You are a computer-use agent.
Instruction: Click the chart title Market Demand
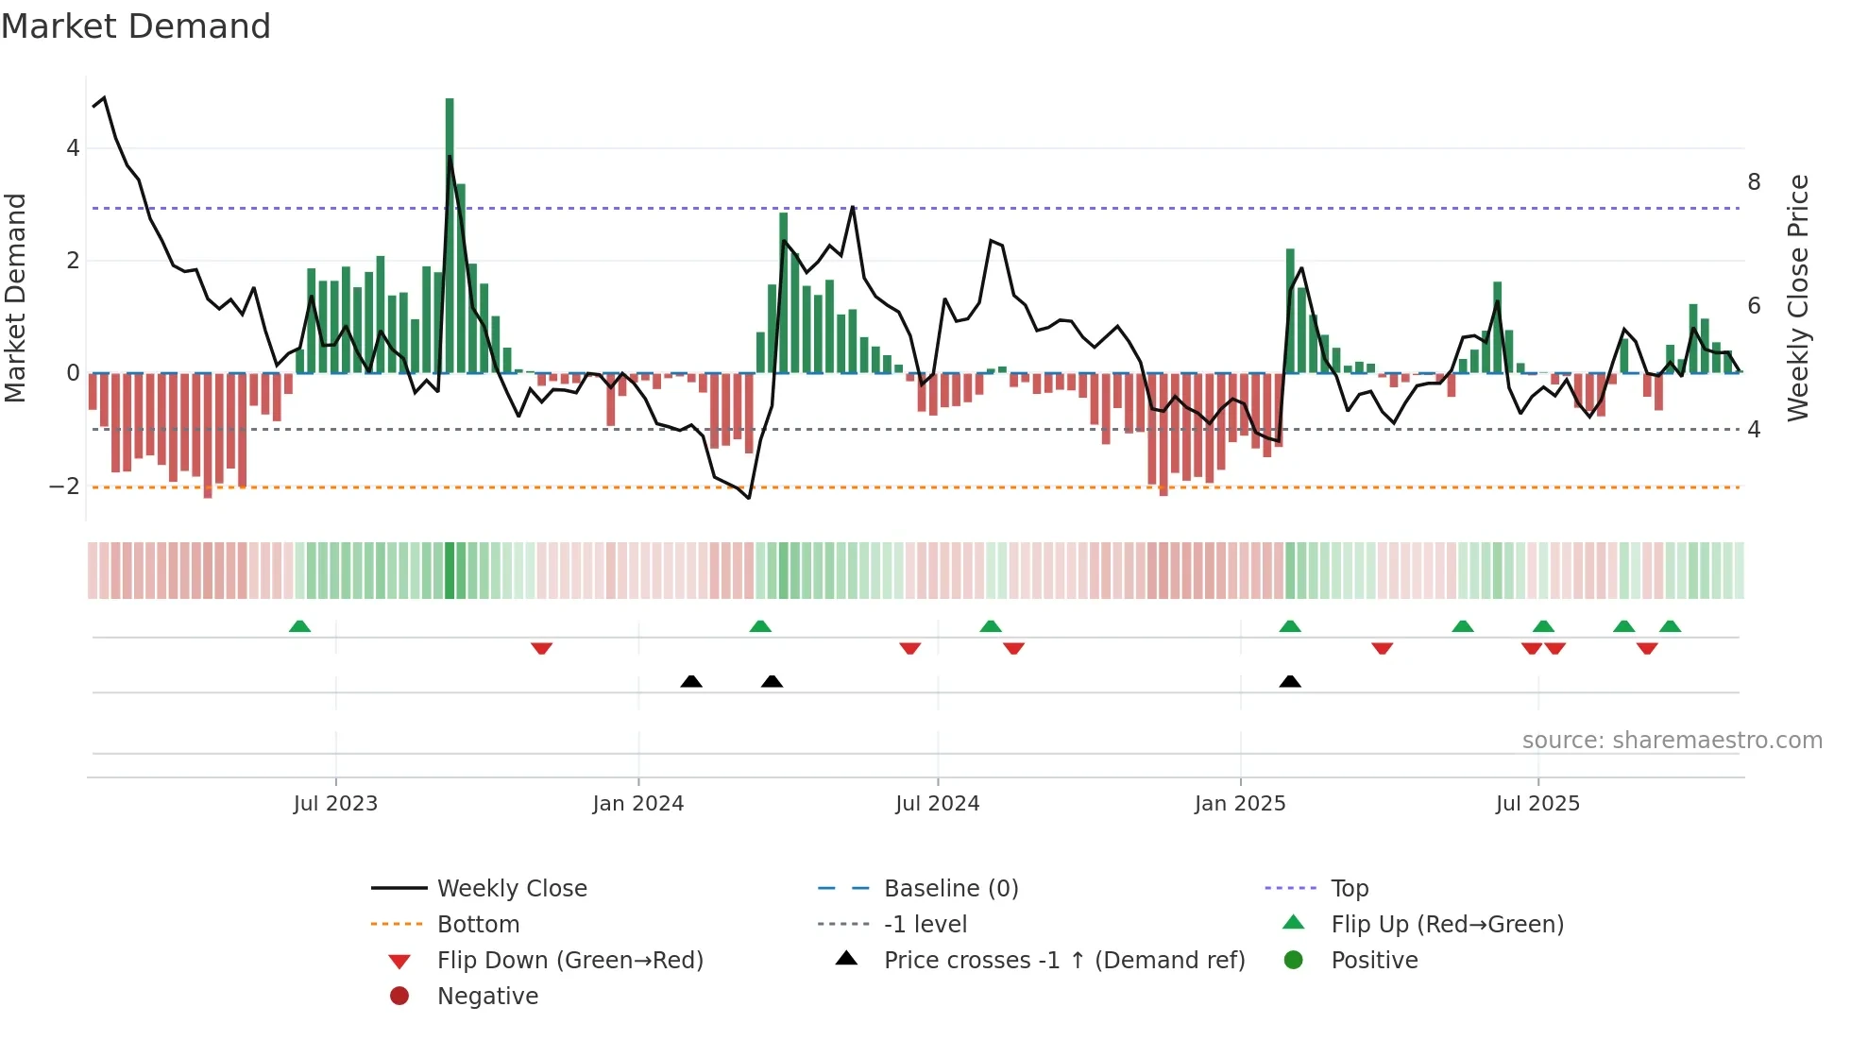click(x=136, y=26)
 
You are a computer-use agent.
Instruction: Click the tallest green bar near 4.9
click(x=450, y=236)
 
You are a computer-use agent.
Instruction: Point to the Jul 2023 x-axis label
click(x=335, y=803)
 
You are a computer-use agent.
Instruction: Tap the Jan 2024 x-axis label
click(x=637, y=803)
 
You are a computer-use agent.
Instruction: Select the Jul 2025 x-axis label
click(x=1537, y=803)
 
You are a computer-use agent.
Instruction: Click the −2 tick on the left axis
click(x=64, y=486)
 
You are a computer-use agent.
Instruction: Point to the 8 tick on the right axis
click(x=1754, y=181)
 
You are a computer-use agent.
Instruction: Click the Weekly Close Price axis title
click(x=1798, y=298)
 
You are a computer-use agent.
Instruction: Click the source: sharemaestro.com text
click(x=1672, y=740)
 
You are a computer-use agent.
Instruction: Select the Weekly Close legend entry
click(x=511, y=888)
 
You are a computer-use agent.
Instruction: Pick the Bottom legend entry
click(x=478, y=924)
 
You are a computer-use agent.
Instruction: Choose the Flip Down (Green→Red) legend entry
click(x=569, y=960)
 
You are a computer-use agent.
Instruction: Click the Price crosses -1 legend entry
click(x=1063, y=960)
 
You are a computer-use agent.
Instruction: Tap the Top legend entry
click(x=1350, y=888)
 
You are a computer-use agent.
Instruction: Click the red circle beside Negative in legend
click(x=399, y=996)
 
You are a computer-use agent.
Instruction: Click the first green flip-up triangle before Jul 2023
click(x=299, y=626)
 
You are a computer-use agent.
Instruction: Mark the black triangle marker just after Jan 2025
click(x=1290, y=681)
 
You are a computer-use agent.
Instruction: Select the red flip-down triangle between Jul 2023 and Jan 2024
click(x=541, y=648)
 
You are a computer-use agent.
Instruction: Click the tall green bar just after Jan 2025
click(x=1290, y=312)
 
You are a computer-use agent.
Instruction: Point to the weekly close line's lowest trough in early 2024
click(x=749, y=498)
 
